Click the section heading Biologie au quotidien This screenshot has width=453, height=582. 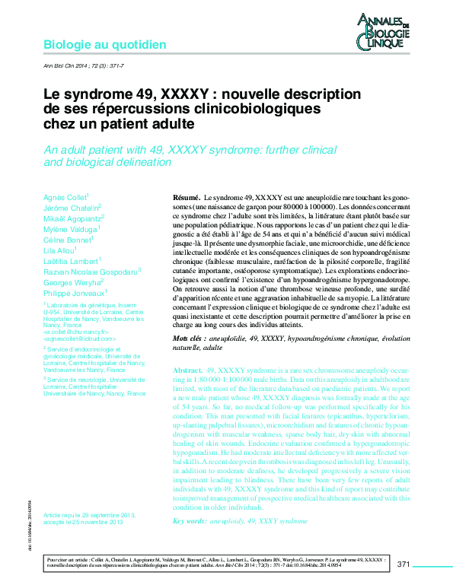coord(104,45)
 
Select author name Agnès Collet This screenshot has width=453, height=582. coord(65,197)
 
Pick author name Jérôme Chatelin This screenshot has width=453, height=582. coord(71,208)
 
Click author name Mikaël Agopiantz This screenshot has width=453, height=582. coord(72,218)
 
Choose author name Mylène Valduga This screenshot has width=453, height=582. coord(70,229)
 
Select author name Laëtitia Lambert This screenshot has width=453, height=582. coord(71,261)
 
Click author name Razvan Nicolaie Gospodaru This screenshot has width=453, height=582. coord(90,271)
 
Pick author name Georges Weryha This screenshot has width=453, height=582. coord(72,281)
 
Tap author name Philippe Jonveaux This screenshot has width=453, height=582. coord(74,292)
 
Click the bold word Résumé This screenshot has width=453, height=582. coord(187,196)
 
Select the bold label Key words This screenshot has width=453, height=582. coord(190,520)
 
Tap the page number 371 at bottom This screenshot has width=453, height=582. coord(404,565)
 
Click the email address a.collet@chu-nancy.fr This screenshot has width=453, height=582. coord(74,332)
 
